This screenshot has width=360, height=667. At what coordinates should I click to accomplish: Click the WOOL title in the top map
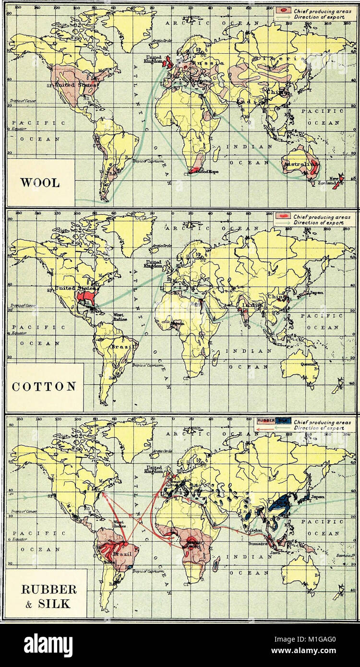pos(40,183)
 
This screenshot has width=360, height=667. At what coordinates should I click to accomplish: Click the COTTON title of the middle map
pos(41,386)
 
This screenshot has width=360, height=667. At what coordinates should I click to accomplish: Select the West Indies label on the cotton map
pos(119,318)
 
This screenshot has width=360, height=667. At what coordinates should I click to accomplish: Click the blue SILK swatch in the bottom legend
pos(283,421)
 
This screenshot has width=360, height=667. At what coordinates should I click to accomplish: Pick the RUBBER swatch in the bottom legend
pos(266,421)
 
